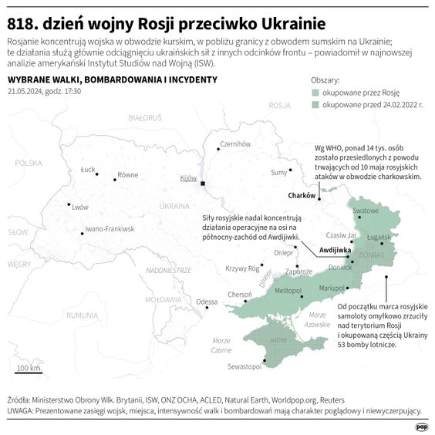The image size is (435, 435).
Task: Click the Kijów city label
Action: tap(189, 178)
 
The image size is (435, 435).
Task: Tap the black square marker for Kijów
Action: tap(204, 184)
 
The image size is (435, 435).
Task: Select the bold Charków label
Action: tap(302, 195)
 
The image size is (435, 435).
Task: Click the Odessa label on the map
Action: tap(207, 302)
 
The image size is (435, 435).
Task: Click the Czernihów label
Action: tap(237, 143)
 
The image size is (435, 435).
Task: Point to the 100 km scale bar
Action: tap(29, 372)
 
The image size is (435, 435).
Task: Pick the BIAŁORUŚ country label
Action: tap(145, 117)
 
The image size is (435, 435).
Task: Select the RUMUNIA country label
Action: tap(82, 315)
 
